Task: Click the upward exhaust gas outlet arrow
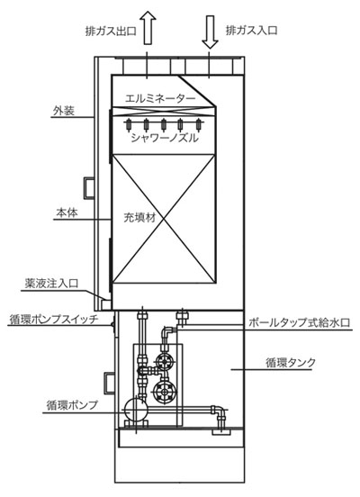click(x=148, y=28)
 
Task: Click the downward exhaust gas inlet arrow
click(x=210, y=31)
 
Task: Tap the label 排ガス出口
click(x=111, y=32)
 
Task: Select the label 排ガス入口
click(x=251, y=31)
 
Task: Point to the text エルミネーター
click(x=160, y=98)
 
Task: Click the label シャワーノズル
click(x=165, y=138)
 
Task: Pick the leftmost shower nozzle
click(x=129, y=124)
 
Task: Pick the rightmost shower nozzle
click(x=199, y=124)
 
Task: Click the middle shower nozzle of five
click(x=164, y=124)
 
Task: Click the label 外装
click(x=64, y=111)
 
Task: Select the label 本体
click(x=67, y=212)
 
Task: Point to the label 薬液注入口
click(x=51, y=284)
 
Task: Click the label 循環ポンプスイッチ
click(x=54, y=319)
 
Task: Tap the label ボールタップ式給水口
click(x=299, y=322)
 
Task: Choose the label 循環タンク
click(x=291, y=362)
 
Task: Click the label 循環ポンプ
click(x=72, y=405)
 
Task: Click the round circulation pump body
click(x=136, y=410)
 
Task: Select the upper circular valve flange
click(x=164, y=361)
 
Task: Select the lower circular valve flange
click(x=164, y=392)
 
